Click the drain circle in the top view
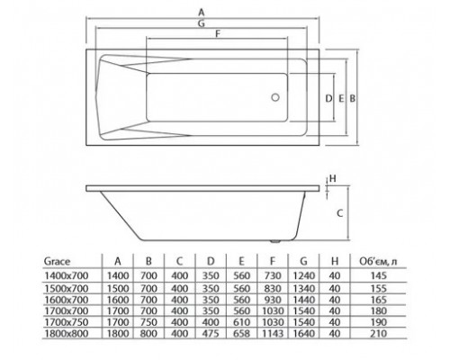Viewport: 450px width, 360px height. (x=275, y=97)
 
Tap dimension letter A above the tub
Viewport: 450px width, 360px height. (x=202, y=13)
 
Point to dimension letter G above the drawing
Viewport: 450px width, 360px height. (x=202, y=23)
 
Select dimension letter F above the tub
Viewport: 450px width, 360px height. (x=218, y=34)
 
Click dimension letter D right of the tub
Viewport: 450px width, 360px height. (x=328, y=98)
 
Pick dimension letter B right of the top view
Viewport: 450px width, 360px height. (x=353, y=98)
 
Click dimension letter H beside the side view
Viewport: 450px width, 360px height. (x=333, y=179)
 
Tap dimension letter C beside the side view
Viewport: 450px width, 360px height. (x=339, y=213)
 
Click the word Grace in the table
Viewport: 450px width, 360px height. (x=57, y=261)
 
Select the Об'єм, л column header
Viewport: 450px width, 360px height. (x=378, y=262)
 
